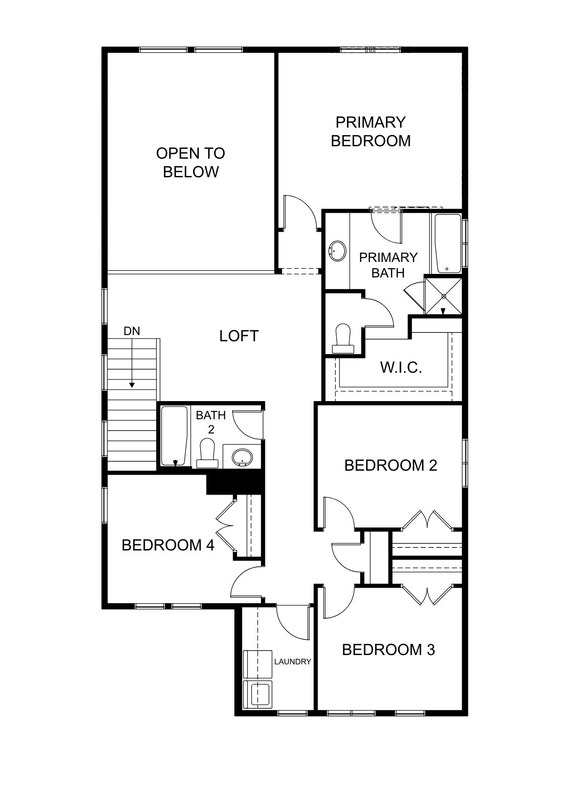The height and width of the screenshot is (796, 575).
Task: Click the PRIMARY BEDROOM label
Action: (371, 131)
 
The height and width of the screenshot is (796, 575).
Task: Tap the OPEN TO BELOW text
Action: (190, 163)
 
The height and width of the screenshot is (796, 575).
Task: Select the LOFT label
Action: (239, 336)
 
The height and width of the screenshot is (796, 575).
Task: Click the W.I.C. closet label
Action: (401, 367)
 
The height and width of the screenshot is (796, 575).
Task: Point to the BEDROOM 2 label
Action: (391, 465)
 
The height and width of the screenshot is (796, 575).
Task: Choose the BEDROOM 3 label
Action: (389, 650)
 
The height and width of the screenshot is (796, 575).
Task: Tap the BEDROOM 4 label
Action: (168, 545)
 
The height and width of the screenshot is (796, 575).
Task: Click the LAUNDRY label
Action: (293, 662)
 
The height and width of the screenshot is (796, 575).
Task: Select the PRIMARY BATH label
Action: (388, 265)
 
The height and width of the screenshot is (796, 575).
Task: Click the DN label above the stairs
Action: (132, 331)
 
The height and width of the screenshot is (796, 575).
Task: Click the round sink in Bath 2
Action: (242, 457)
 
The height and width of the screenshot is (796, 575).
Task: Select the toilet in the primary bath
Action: (343, 339)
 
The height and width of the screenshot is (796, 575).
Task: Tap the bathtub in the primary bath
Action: (447, 243)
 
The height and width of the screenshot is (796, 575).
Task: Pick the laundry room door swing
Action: (291, 623)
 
